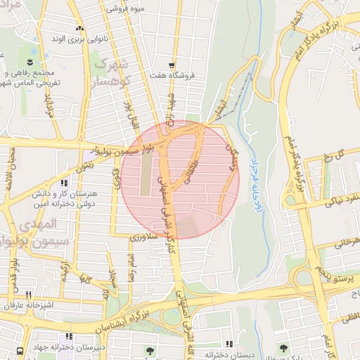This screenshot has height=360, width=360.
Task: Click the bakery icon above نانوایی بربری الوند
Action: click(x=79, y=29)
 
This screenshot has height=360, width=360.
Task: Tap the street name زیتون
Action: click(x=83, y=167)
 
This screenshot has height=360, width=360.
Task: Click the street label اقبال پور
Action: click(x=131, y=117)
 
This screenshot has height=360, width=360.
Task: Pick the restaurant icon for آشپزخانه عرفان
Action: click(x=28, y=295)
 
